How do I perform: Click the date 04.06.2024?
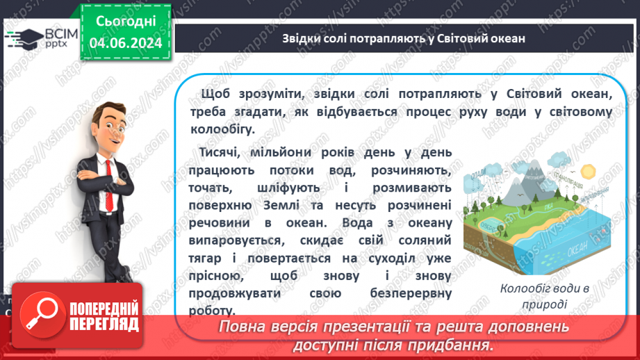click(125, 43)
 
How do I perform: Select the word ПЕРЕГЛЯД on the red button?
click(103, 324)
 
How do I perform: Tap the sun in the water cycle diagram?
click(589, 170)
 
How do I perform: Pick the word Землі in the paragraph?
click(319, 206)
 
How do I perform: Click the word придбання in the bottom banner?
click(458, 345)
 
